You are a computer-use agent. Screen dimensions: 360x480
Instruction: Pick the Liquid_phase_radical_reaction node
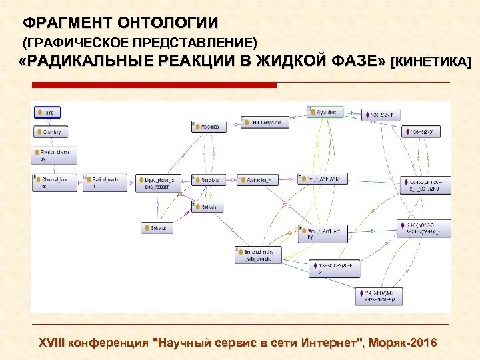click(158, 183)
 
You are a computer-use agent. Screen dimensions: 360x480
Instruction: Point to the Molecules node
click(209, 125)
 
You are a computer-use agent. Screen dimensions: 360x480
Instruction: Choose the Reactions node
click(209, 179)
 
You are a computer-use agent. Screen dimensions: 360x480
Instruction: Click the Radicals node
click(208, 207)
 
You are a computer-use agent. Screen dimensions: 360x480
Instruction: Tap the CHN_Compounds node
click(265, 122)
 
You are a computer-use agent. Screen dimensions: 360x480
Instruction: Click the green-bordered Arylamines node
click(326, 111)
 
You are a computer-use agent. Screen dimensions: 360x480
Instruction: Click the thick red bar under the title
click(154, 85)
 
